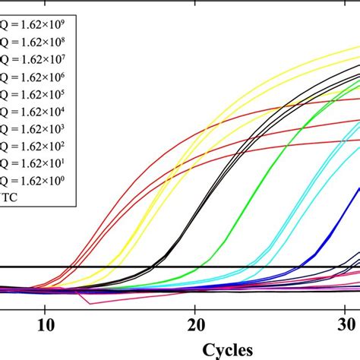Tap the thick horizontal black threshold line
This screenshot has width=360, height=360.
(x=114, y=267)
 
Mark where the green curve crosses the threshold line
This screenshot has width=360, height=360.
(x=199, y=267)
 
